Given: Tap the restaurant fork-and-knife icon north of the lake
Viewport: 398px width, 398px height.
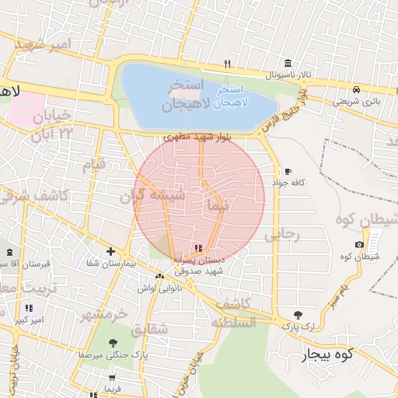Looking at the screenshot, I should [227, 64].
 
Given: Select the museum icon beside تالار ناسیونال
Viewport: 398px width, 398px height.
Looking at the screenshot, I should [288, 63].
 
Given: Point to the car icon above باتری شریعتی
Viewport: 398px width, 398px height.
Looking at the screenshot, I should [356, 89].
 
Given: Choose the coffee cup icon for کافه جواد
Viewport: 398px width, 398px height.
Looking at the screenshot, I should [288, 171].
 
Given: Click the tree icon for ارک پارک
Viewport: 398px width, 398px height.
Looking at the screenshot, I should [298, 315].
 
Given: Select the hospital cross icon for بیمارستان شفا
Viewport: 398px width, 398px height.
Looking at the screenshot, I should [111, 252].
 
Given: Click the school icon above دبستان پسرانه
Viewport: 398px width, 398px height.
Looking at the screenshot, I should [197, 249].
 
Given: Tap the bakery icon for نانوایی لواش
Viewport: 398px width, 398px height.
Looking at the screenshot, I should [159, 276].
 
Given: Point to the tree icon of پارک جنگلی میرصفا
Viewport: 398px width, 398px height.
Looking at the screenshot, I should [113, 342].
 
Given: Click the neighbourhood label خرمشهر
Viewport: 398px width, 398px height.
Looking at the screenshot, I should [104, 314].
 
